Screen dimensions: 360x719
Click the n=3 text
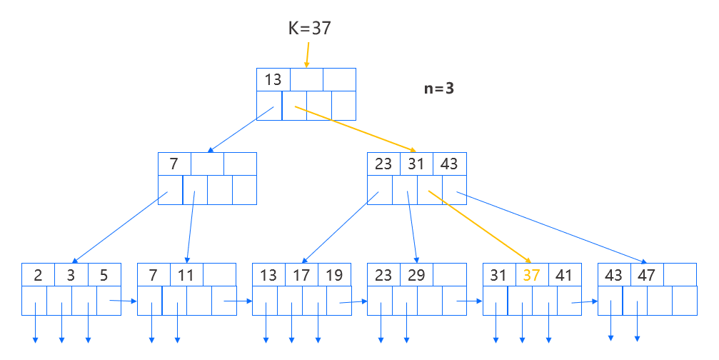pyautogui.click(x=438, y=89)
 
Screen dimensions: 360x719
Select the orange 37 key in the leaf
pyautogui.click(x=532, y=275)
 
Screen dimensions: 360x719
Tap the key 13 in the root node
pyautogui.click(x=273, y=79)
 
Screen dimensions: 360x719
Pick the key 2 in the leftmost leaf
pyautogui.click(x=37, y=275)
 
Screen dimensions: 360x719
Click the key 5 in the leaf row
pyautogui.click(x=104, y=275)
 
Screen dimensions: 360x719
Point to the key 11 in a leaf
pyautogui.click(x=186, y=275)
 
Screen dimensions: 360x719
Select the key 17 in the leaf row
pyautogui.click(x=301, y=275)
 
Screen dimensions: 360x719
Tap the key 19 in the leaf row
pyautogui.click(x=333, y=275)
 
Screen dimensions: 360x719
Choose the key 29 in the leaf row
pyautogui.click(x=416, y=275)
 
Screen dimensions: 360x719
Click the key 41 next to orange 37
pyautogui.click(x=564, y=275)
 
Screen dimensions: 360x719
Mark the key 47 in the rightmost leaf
pyautogui.click(x=646, y=275)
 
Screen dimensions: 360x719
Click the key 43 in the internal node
pyautogui.click(x=448, y=164)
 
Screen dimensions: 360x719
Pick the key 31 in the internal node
pyautogui.click(x=416, y=164)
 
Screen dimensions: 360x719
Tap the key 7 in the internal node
pyautogui.click(x=174, y=164)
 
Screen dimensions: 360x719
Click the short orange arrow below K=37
pyautogui.click(x=307, y=54)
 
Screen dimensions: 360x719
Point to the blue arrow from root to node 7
pyautogui.click(x=241, y=130)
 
